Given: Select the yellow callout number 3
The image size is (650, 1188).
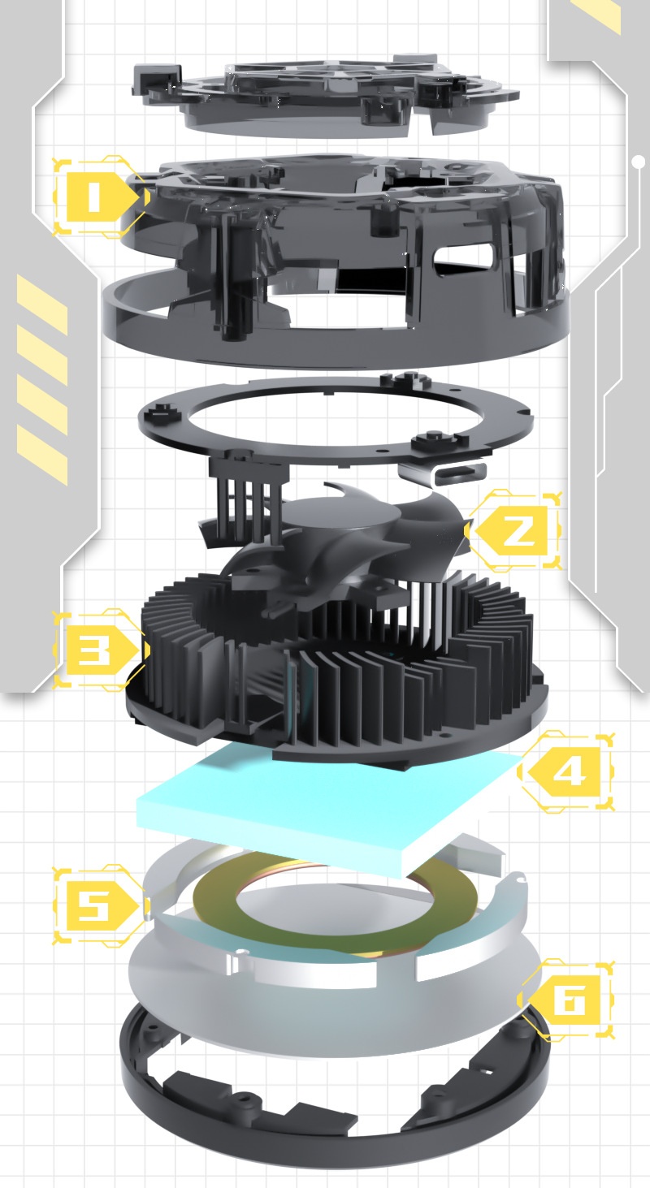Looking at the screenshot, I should [x=95, y=650].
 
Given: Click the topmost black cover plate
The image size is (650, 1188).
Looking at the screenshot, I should [x=325, y=89].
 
